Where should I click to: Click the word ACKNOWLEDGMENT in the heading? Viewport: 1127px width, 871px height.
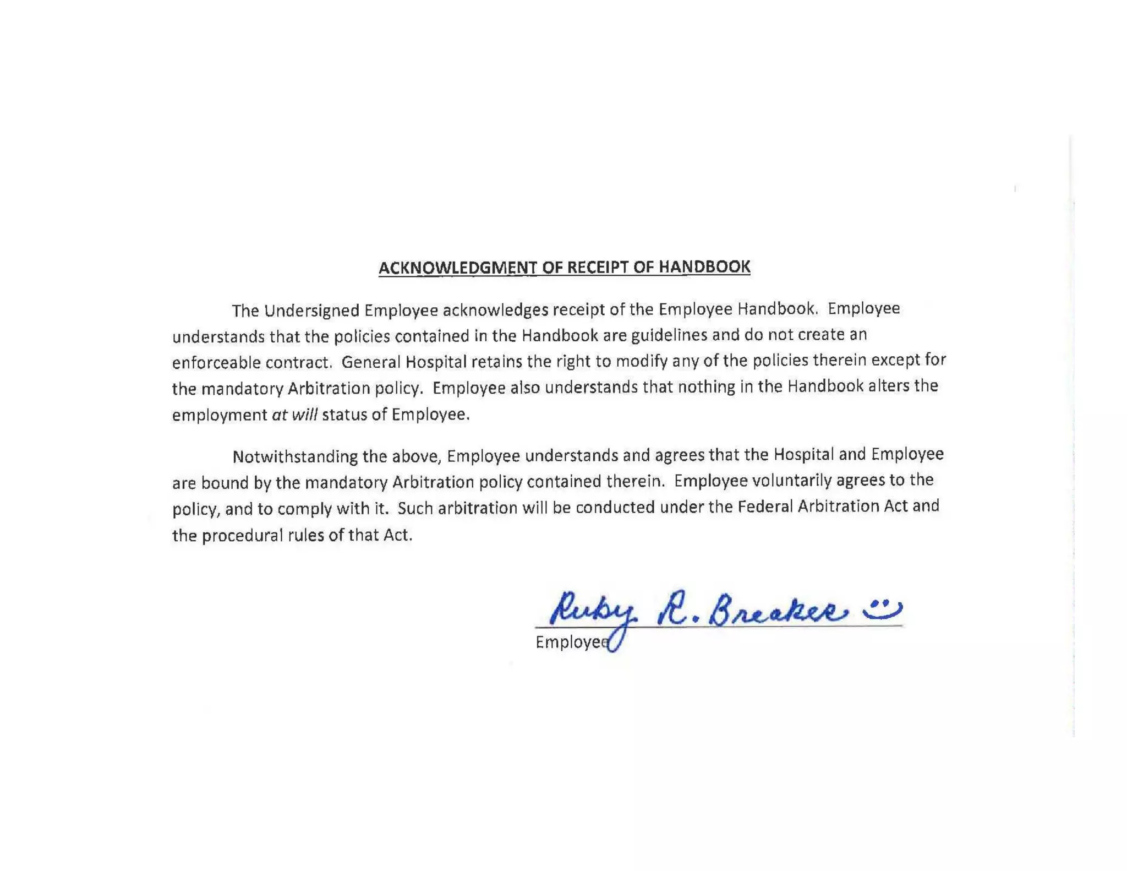click(457, 268)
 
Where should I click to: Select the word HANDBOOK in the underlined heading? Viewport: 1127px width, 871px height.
click(704, 266)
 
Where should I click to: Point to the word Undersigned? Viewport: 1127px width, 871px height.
click(311, 311)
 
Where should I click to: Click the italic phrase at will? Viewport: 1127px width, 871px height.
click(294, 415)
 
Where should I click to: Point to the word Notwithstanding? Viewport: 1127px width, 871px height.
click(294, 457)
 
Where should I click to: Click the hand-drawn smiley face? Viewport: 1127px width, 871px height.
click(882, 608)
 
